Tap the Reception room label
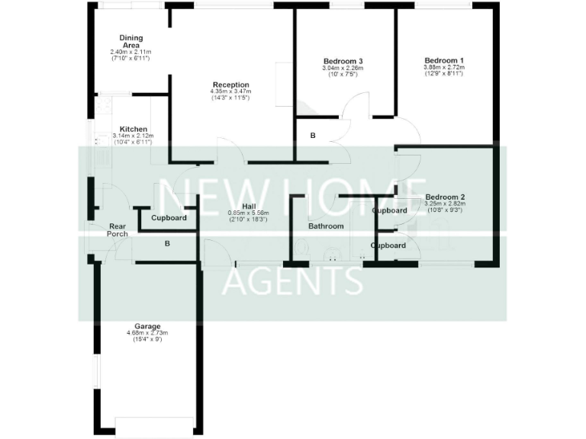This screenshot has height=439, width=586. pos(230,85)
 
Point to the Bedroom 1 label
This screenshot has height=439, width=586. pos(445,61)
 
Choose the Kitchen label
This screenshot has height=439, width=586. pos(133,130)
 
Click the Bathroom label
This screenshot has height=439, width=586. pos(326,226)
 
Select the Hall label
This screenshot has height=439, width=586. pos(249,207)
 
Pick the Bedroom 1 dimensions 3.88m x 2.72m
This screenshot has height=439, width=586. pos(445,68)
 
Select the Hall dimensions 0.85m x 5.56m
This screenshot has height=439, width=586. pos(249,213)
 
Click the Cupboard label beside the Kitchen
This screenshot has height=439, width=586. pos(169,218)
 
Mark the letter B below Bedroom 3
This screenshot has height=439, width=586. pos(312,136)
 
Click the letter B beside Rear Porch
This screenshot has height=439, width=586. pos(167,244)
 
